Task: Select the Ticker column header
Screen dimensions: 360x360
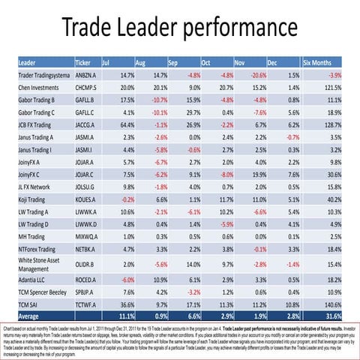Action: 84,61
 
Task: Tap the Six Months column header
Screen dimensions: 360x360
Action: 322,61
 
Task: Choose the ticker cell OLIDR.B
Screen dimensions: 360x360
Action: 86,265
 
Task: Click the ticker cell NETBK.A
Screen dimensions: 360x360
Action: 87,248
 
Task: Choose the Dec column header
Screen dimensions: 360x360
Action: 272,61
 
